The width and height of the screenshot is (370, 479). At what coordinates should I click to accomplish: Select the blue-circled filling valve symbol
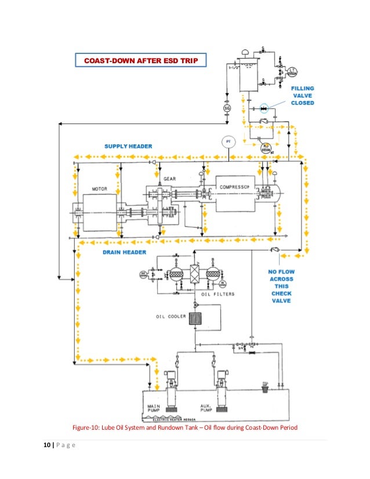point(264,108)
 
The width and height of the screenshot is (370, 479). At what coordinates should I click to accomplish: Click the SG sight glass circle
point(227,108)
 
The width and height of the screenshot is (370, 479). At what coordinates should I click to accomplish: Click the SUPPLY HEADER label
point(128,146)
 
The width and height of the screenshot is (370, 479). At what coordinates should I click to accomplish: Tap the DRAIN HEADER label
point(125,252)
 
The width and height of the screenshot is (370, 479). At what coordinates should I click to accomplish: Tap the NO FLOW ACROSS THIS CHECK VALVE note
point(281,286)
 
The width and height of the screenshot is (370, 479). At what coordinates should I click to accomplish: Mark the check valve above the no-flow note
point(275,249)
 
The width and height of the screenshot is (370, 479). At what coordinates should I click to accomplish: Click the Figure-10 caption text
point(184,428)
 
